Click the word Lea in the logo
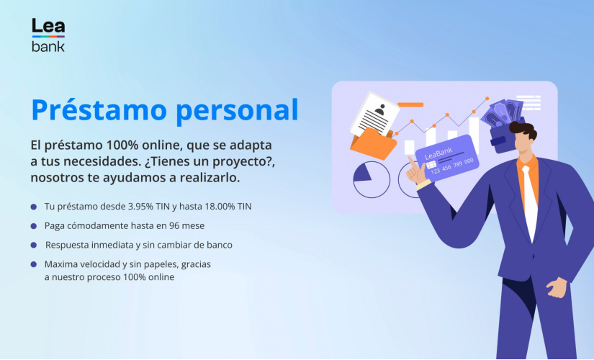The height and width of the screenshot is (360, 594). [48, 27]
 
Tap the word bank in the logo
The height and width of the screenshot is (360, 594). [48, 46]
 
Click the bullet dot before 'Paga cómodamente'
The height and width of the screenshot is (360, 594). [34, 226]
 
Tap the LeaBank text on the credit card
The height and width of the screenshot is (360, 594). [438, 155]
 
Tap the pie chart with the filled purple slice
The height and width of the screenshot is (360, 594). [371, 179]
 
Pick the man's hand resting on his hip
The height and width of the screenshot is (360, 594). [556, 287]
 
